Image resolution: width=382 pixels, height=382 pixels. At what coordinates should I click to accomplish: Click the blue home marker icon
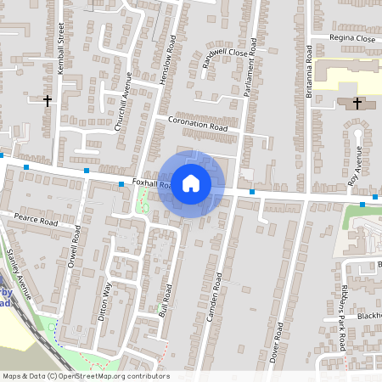[191, 183]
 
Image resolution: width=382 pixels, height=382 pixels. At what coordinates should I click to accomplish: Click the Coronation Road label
[198, 124]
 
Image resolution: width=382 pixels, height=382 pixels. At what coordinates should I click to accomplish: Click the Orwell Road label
[77, 245]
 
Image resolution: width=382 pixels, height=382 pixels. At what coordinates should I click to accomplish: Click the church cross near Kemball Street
[48, 100]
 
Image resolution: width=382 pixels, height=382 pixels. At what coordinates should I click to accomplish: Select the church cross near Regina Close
[357, 104]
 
